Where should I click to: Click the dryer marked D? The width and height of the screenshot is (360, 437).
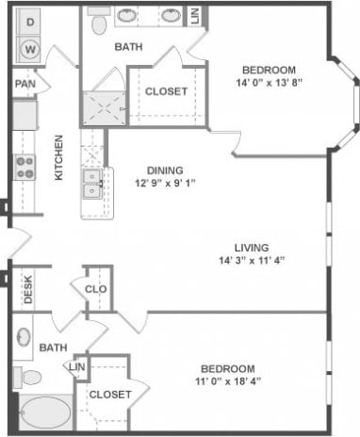click(29, 20)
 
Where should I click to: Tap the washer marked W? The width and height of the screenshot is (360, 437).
click(29, 46)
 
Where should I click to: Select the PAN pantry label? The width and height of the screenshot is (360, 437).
click(25, 84)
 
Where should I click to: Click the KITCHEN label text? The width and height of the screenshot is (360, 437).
click(58, 157)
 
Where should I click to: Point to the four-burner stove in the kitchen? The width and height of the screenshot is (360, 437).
click(25, 168)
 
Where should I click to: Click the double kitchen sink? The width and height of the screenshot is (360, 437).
click(91, 183)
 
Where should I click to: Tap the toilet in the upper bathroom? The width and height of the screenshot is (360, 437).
click(98, 23)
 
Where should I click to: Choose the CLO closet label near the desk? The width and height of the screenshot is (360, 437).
click(96, 290)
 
